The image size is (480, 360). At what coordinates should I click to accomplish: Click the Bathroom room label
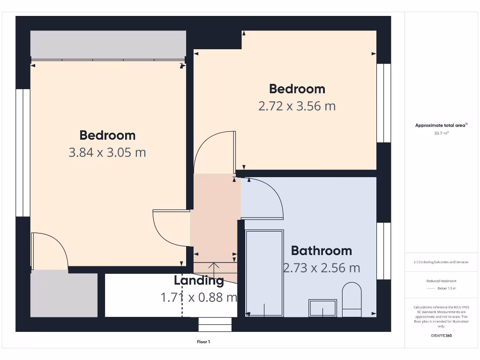[x=321, y=251]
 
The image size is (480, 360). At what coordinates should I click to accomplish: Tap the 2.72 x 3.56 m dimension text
[x=297, y=106]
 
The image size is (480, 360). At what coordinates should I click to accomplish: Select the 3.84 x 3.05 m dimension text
[x=107, y=152]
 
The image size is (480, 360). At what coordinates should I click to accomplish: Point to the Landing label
[x=199, y=281]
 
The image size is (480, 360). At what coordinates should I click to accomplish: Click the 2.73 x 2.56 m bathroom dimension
[x=322, y=268]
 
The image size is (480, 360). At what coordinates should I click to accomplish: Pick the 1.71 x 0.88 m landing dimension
[x=199, y=297]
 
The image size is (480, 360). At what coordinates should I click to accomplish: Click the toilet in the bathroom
[x=352, y=300]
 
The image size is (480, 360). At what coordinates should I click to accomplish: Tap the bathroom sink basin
[x=322, y=308]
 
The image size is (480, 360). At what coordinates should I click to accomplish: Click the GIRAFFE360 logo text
[x=442, y=336]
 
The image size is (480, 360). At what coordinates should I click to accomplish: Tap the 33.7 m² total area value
[x=441, y=133]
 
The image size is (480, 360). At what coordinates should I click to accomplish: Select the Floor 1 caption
[x=203, y=342]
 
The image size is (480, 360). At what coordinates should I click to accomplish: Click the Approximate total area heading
[x=441, y=125]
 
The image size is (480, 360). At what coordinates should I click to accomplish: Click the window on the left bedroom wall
[x=22, y=152]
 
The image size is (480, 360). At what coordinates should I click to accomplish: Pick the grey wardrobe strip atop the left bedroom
[x=108, y=45]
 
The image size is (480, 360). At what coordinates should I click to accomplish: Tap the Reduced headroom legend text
[x=441, y=281]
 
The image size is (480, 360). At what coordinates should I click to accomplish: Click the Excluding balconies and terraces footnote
[x=441, y=262]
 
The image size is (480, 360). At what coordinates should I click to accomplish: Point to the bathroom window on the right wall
[x=383, y=251]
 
